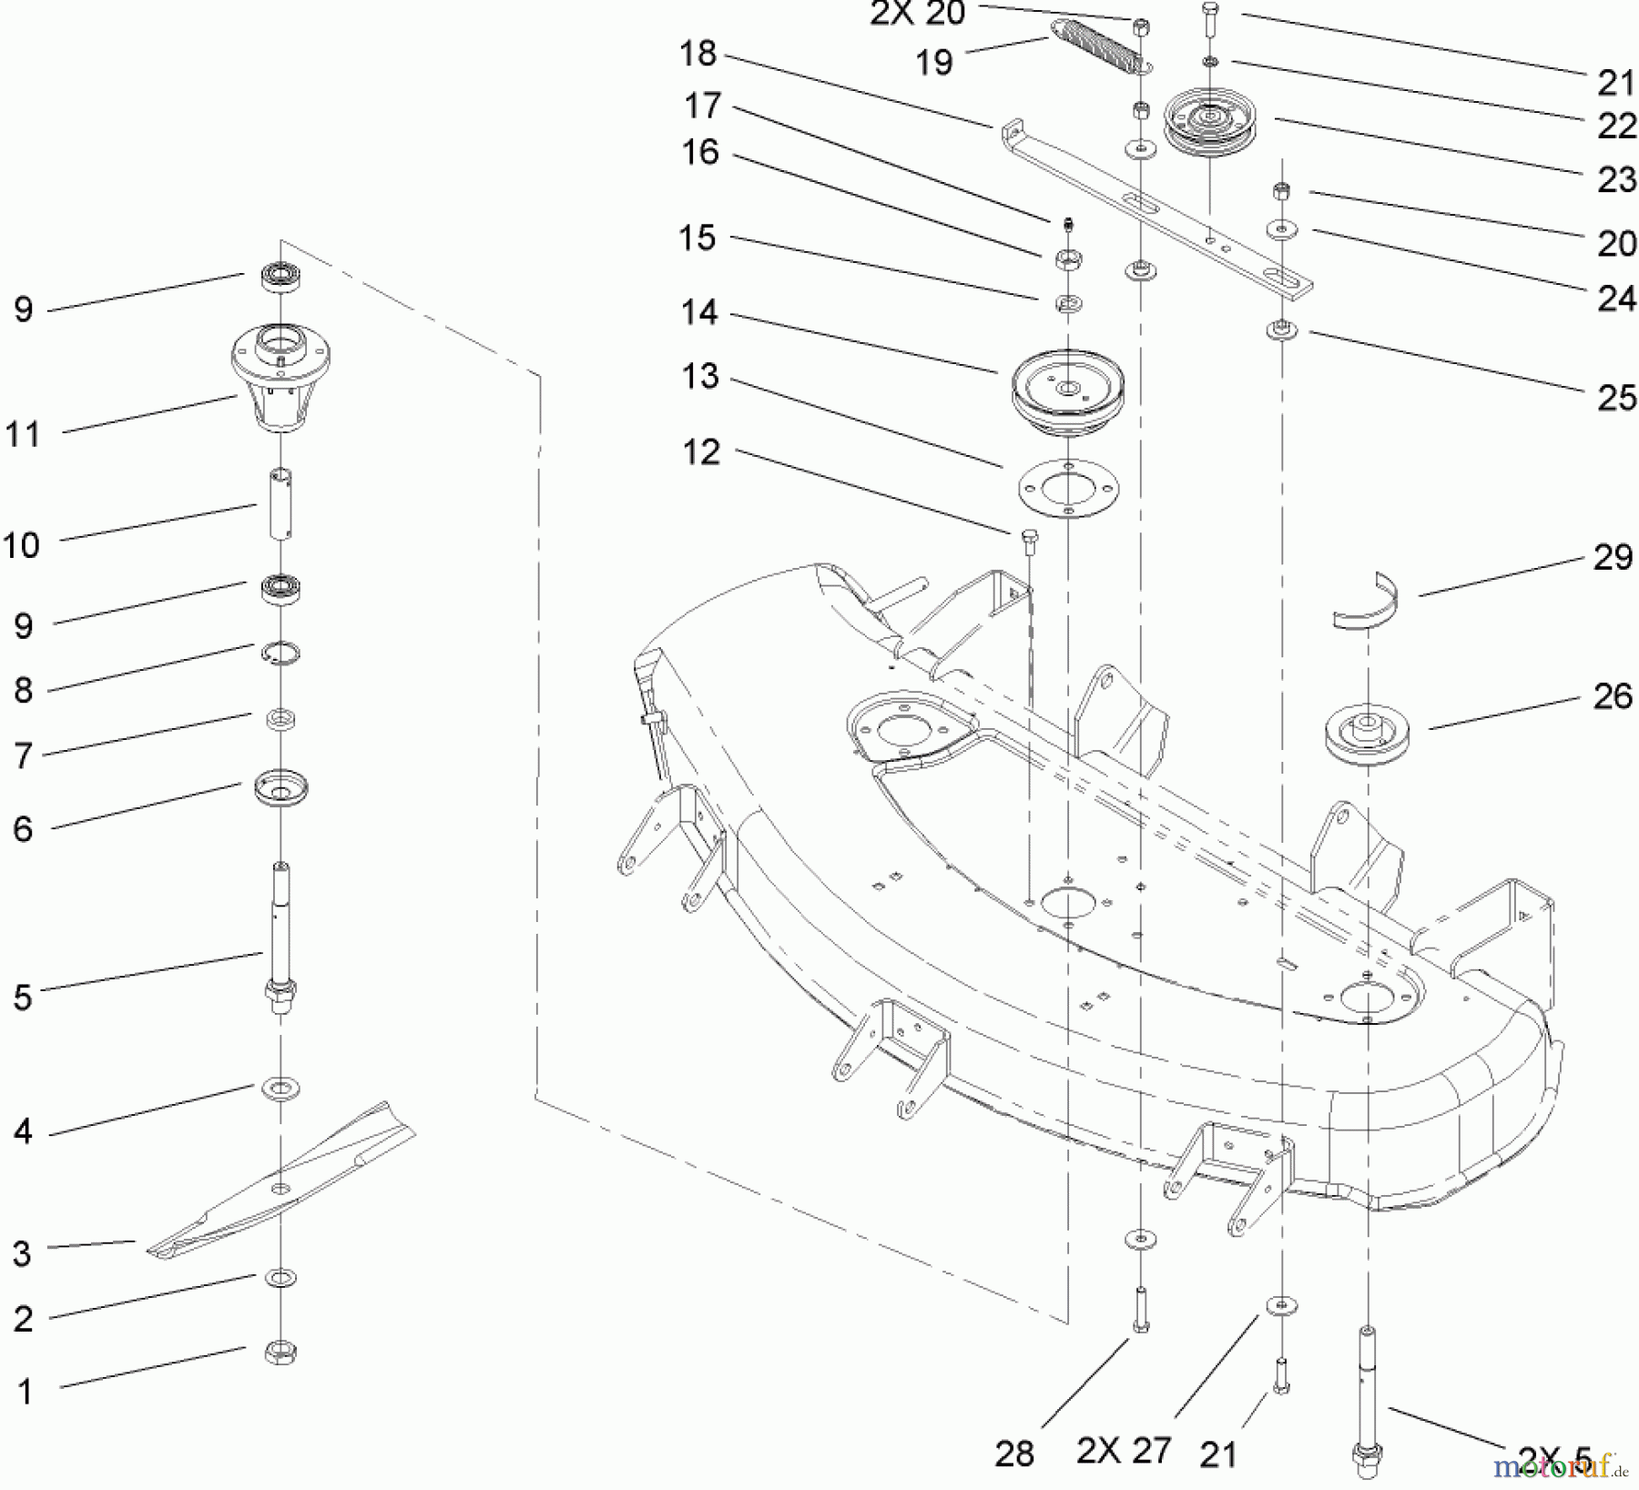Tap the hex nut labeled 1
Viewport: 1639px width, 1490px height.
pos(280,1353)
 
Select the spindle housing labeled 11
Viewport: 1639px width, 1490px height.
pos(280,377)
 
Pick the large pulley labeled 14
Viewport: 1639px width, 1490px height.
pos(1069,390)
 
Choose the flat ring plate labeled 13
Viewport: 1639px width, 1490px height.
pos(1068,488)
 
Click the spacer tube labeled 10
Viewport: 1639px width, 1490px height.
pos(280,503)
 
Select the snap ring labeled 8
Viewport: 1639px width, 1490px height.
pos(281,654)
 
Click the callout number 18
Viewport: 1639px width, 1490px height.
pos(699,54)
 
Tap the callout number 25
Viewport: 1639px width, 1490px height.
pos(1617,398)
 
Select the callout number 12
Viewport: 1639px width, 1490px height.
pos(700,451)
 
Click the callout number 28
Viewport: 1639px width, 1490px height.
pos(1014,1454)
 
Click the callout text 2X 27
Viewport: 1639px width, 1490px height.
pos(1124,1450)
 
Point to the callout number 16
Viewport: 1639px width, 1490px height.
pos(700,152)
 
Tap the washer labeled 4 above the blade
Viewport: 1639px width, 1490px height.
pos(280,1089)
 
